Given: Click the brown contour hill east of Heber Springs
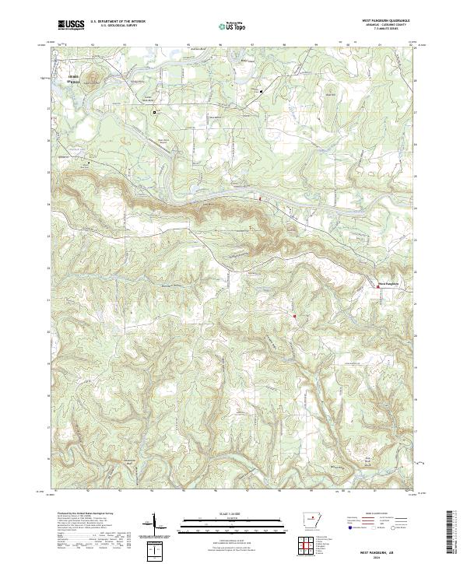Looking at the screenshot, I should [x=92, y=77].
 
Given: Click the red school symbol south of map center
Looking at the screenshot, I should [x=294, y=316].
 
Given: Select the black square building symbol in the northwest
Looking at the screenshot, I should [x=154, y=112].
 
